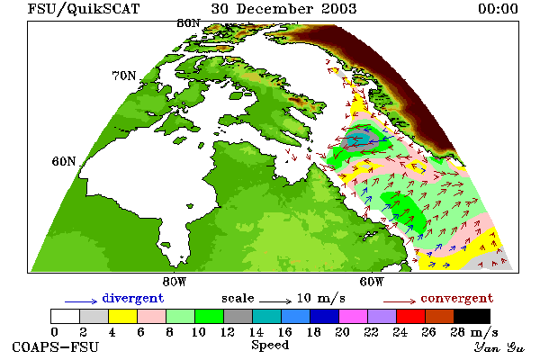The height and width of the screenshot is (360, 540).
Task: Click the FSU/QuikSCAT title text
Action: pos(84,9)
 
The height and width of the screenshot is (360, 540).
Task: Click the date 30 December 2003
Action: pos(283,9)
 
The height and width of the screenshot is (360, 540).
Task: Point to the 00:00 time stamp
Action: pos(498,9)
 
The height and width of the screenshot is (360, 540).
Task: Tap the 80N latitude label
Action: pos(188,23)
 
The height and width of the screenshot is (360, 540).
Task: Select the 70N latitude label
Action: pos(124,76)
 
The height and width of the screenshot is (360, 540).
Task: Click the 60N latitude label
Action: pos(64,161)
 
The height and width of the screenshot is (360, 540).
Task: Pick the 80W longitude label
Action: pos(175,282)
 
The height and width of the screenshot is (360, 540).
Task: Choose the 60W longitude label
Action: pos(372,282)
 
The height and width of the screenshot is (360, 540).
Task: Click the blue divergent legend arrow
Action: pos(81,301)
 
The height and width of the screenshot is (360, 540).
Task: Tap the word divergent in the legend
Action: pos(133,298)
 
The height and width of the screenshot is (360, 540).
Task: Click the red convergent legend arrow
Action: pos(400,301)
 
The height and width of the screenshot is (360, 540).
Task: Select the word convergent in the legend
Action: pos(457,298)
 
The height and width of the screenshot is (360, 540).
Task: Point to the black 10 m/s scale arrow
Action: pos(275,301)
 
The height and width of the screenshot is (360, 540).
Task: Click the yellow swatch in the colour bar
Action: pos(123,316)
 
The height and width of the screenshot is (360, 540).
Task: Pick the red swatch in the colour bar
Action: pos(411,316)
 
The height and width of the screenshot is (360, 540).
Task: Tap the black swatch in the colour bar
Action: pos(472,316)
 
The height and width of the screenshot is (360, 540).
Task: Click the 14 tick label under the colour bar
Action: pos(256,332)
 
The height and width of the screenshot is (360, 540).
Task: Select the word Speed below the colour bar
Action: pos(270,346)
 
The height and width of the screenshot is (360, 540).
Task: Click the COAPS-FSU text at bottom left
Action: pos(56,346)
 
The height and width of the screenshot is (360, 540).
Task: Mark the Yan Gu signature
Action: pos(499,347)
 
